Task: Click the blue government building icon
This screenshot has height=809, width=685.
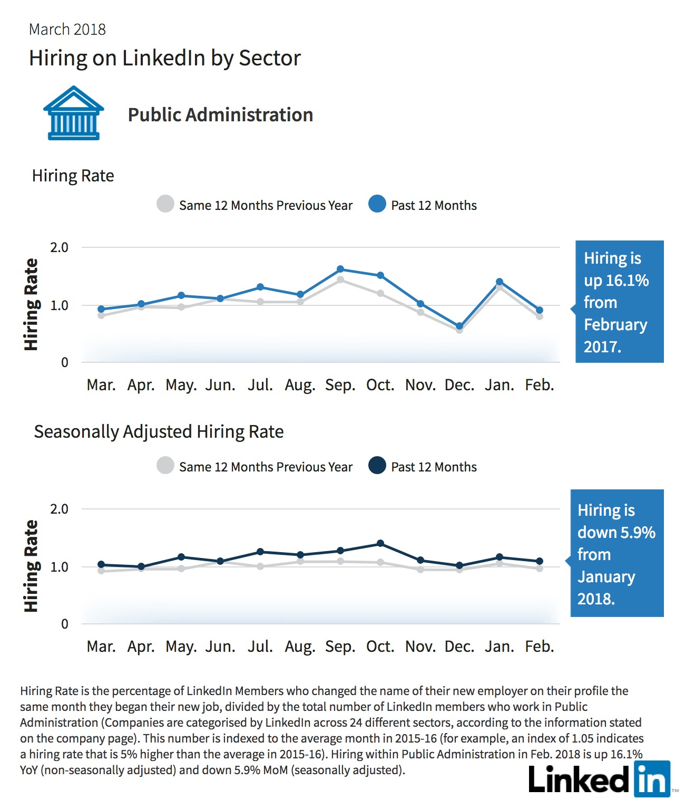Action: tap(73, 113)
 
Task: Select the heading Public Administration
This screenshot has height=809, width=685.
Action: tap(220, 115)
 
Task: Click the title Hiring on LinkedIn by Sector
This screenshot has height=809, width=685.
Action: tap(164, 58)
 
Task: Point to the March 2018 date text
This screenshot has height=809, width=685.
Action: tap(67, 30)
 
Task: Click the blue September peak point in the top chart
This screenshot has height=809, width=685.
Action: tap(340, 269)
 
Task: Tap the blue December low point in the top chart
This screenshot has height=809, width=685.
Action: tap(459, 326)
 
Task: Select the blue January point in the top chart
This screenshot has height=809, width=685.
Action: tap(500, 282)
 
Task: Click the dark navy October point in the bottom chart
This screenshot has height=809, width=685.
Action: tap(380, 543)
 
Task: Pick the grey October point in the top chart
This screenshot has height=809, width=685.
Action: tap(380, 293)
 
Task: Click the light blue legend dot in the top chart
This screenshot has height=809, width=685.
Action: tap(377, 204)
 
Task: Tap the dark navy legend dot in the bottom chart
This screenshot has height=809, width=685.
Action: tap(377, 465)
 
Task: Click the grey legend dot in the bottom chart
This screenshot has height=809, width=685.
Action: tap(165, 465)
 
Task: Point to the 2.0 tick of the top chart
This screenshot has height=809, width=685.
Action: tap(59, 247)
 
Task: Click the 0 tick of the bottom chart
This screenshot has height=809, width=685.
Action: tap(64, 624)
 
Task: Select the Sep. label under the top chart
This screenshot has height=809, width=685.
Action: tap(340, 385)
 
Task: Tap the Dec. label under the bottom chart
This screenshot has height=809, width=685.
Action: tap(459, 647)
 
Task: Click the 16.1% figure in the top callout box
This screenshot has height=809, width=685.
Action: tap(627, 280)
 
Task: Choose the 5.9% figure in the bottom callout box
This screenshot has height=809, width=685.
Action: tap(637, 532)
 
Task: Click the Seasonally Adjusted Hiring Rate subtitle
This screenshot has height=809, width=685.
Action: tap(159, 432)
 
